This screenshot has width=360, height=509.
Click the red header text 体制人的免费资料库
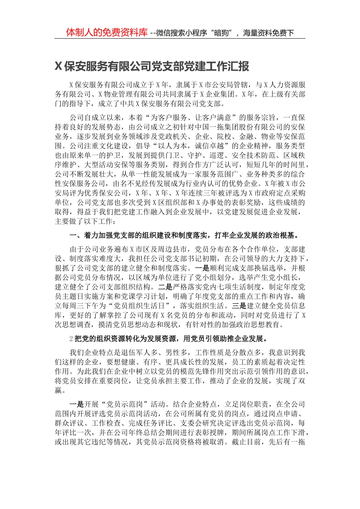[107, 33]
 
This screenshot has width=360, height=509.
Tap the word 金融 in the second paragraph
[247, 136]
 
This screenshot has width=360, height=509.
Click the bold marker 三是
[239, 306]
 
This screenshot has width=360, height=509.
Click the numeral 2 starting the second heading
[72, 339]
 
